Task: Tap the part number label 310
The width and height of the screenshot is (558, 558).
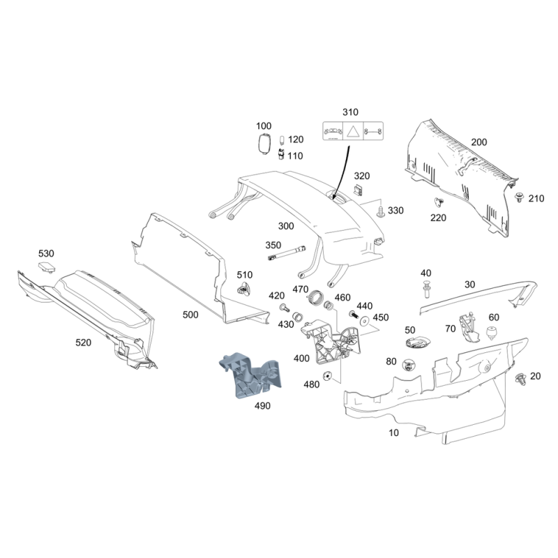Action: [x=349, y=112]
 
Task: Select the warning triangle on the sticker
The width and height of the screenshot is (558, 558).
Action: [x=354, y=130]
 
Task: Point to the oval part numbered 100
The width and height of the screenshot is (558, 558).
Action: [x=264, y=144]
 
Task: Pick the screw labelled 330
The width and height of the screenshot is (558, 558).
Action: [x=380, y=211]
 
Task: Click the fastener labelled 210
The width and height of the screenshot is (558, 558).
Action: [x=520, y=197]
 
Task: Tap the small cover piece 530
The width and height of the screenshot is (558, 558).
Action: [x=46, y=268]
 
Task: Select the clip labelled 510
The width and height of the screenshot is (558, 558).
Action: [x=244, y=289]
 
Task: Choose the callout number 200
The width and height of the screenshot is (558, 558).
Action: [x=478, y=142]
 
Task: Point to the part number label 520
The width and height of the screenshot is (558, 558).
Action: [x=84, y=342]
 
